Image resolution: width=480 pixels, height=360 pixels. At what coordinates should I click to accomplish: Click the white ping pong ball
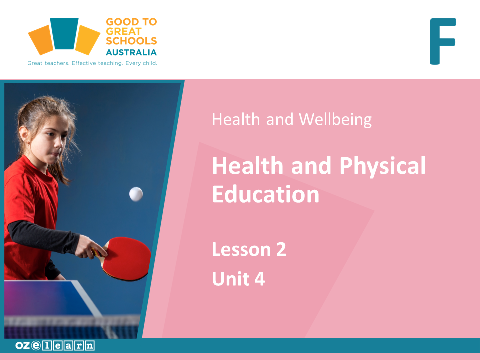[136, 194]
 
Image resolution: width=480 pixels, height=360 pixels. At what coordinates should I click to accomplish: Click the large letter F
[443, 41]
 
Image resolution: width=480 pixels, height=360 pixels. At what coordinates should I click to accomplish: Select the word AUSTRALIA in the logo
[131, 52]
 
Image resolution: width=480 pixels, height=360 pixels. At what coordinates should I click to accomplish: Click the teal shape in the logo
[64, 33]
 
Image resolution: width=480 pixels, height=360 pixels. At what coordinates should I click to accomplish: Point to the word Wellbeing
[335, 120]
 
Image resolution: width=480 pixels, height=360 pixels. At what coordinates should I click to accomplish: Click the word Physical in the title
[382, 166]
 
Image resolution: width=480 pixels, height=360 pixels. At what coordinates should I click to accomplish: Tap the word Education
[266, 194]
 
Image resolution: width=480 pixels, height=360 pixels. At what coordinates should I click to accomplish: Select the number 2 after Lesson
[281, 250]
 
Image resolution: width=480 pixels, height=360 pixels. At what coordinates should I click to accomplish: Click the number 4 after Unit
[260, 279]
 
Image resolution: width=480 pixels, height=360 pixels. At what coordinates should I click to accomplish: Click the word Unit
[231, 279]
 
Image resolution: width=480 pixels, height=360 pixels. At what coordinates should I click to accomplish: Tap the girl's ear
[24, 134]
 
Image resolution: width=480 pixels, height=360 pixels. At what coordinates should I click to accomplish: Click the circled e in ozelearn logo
[36, 345]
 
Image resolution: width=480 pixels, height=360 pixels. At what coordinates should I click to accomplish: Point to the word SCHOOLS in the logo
[131, 41]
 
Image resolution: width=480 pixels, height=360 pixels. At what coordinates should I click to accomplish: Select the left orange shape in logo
[41, 40]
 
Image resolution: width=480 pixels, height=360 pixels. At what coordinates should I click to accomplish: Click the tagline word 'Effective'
[84, 63]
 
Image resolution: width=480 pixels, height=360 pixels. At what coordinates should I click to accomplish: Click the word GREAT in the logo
[124, 31]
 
